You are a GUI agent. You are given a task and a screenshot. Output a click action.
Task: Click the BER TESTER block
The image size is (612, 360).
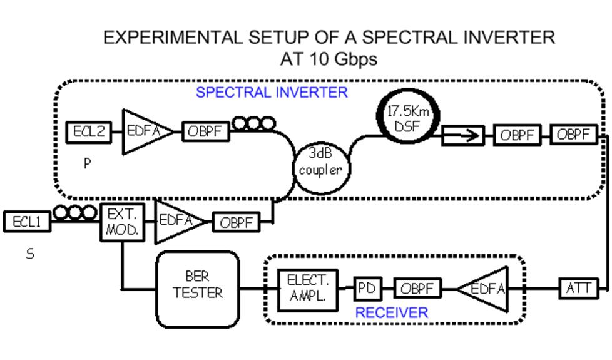pos(197,288)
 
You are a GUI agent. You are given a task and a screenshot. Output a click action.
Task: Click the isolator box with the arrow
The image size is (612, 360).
pos(462,135)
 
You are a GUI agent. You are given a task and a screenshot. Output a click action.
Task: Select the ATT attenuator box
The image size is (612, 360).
pos(578,289)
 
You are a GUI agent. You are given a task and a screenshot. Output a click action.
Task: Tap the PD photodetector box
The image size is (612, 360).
pos(367,289)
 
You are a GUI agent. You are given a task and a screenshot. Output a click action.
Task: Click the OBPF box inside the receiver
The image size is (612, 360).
pos(417,289)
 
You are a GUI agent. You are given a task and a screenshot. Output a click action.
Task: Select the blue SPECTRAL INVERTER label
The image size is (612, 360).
pos(272,93)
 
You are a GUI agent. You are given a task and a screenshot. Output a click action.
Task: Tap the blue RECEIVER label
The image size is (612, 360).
pos(392,312)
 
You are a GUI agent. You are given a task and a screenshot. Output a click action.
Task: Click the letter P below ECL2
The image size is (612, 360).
pos(88,164)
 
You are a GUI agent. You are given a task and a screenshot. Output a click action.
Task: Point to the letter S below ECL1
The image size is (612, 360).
pos(29,254)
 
